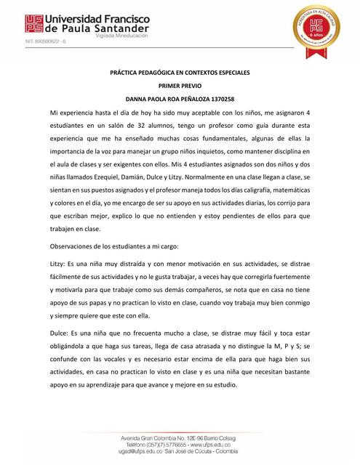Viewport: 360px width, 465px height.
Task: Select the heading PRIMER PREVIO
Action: tap(180, 86)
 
